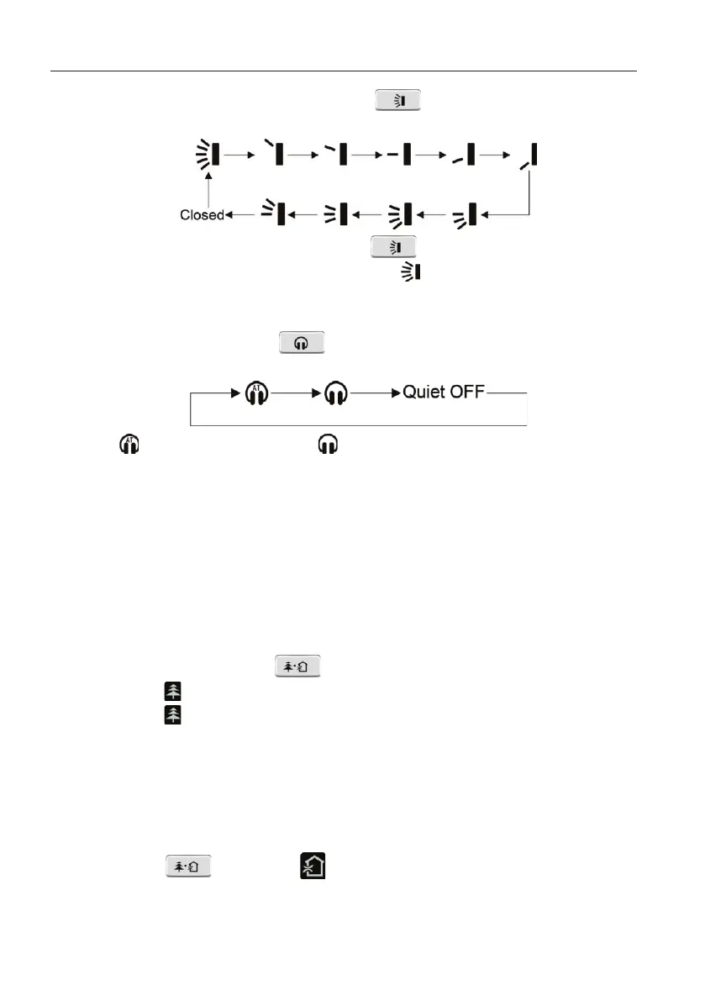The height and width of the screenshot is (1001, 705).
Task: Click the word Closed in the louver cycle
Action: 202,215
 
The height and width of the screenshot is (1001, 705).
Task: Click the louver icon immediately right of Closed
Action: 274,213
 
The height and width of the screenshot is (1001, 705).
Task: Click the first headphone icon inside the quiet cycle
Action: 256,393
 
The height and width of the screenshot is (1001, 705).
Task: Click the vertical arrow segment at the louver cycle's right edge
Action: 530,193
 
